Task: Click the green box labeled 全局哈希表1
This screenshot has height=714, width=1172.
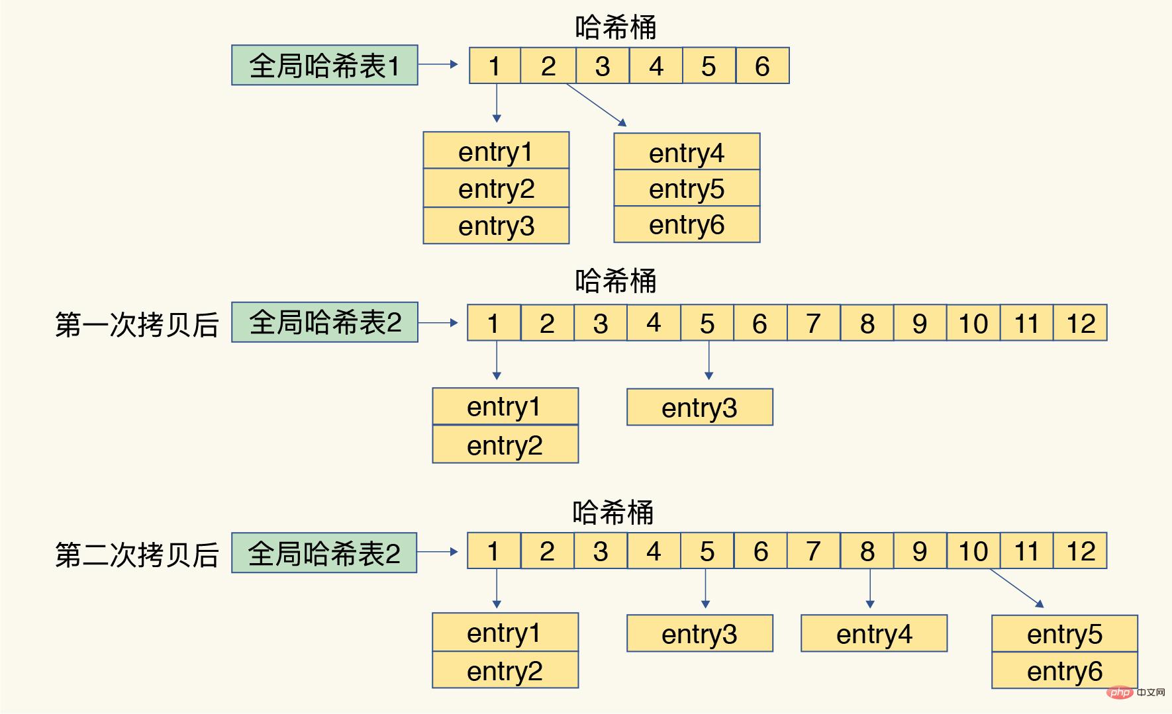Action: (x=324, y=65)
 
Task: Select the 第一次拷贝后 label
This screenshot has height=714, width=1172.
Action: (x=137, y=324)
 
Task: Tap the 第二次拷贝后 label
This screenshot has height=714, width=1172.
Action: (x=137, y=554)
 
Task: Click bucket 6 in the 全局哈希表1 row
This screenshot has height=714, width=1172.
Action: (x=762, y=66)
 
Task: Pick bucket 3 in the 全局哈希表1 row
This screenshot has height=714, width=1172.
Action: (x=603, y=66)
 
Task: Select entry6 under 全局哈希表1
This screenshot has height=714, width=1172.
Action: (x=687, y=224)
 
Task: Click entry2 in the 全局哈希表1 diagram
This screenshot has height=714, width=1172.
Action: (x=496, y=189)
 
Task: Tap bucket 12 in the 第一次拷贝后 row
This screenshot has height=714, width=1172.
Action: (x=1080, y=323)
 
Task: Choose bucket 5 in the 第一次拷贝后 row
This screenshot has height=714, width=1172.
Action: (x=707, y=323)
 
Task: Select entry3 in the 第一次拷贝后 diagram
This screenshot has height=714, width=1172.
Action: (x=700, y=407)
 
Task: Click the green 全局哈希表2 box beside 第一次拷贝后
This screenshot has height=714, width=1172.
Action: (x=324, y=322)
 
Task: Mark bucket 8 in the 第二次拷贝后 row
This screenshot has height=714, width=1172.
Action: (x=867, y=551)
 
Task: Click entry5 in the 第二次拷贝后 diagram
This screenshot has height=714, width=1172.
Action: (x=1065, y=634)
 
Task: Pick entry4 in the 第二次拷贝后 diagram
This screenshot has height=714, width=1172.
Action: (x=874, y=633)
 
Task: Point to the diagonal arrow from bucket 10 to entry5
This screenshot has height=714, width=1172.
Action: (x=1016, y=588)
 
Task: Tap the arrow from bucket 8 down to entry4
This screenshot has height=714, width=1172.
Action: (x=870, y=588)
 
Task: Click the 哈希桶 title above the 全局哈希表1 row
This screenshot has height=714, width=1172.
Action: (x=616, y=28)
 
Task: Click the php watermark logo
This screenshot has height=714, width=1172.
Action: (x=1120, y=692)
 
